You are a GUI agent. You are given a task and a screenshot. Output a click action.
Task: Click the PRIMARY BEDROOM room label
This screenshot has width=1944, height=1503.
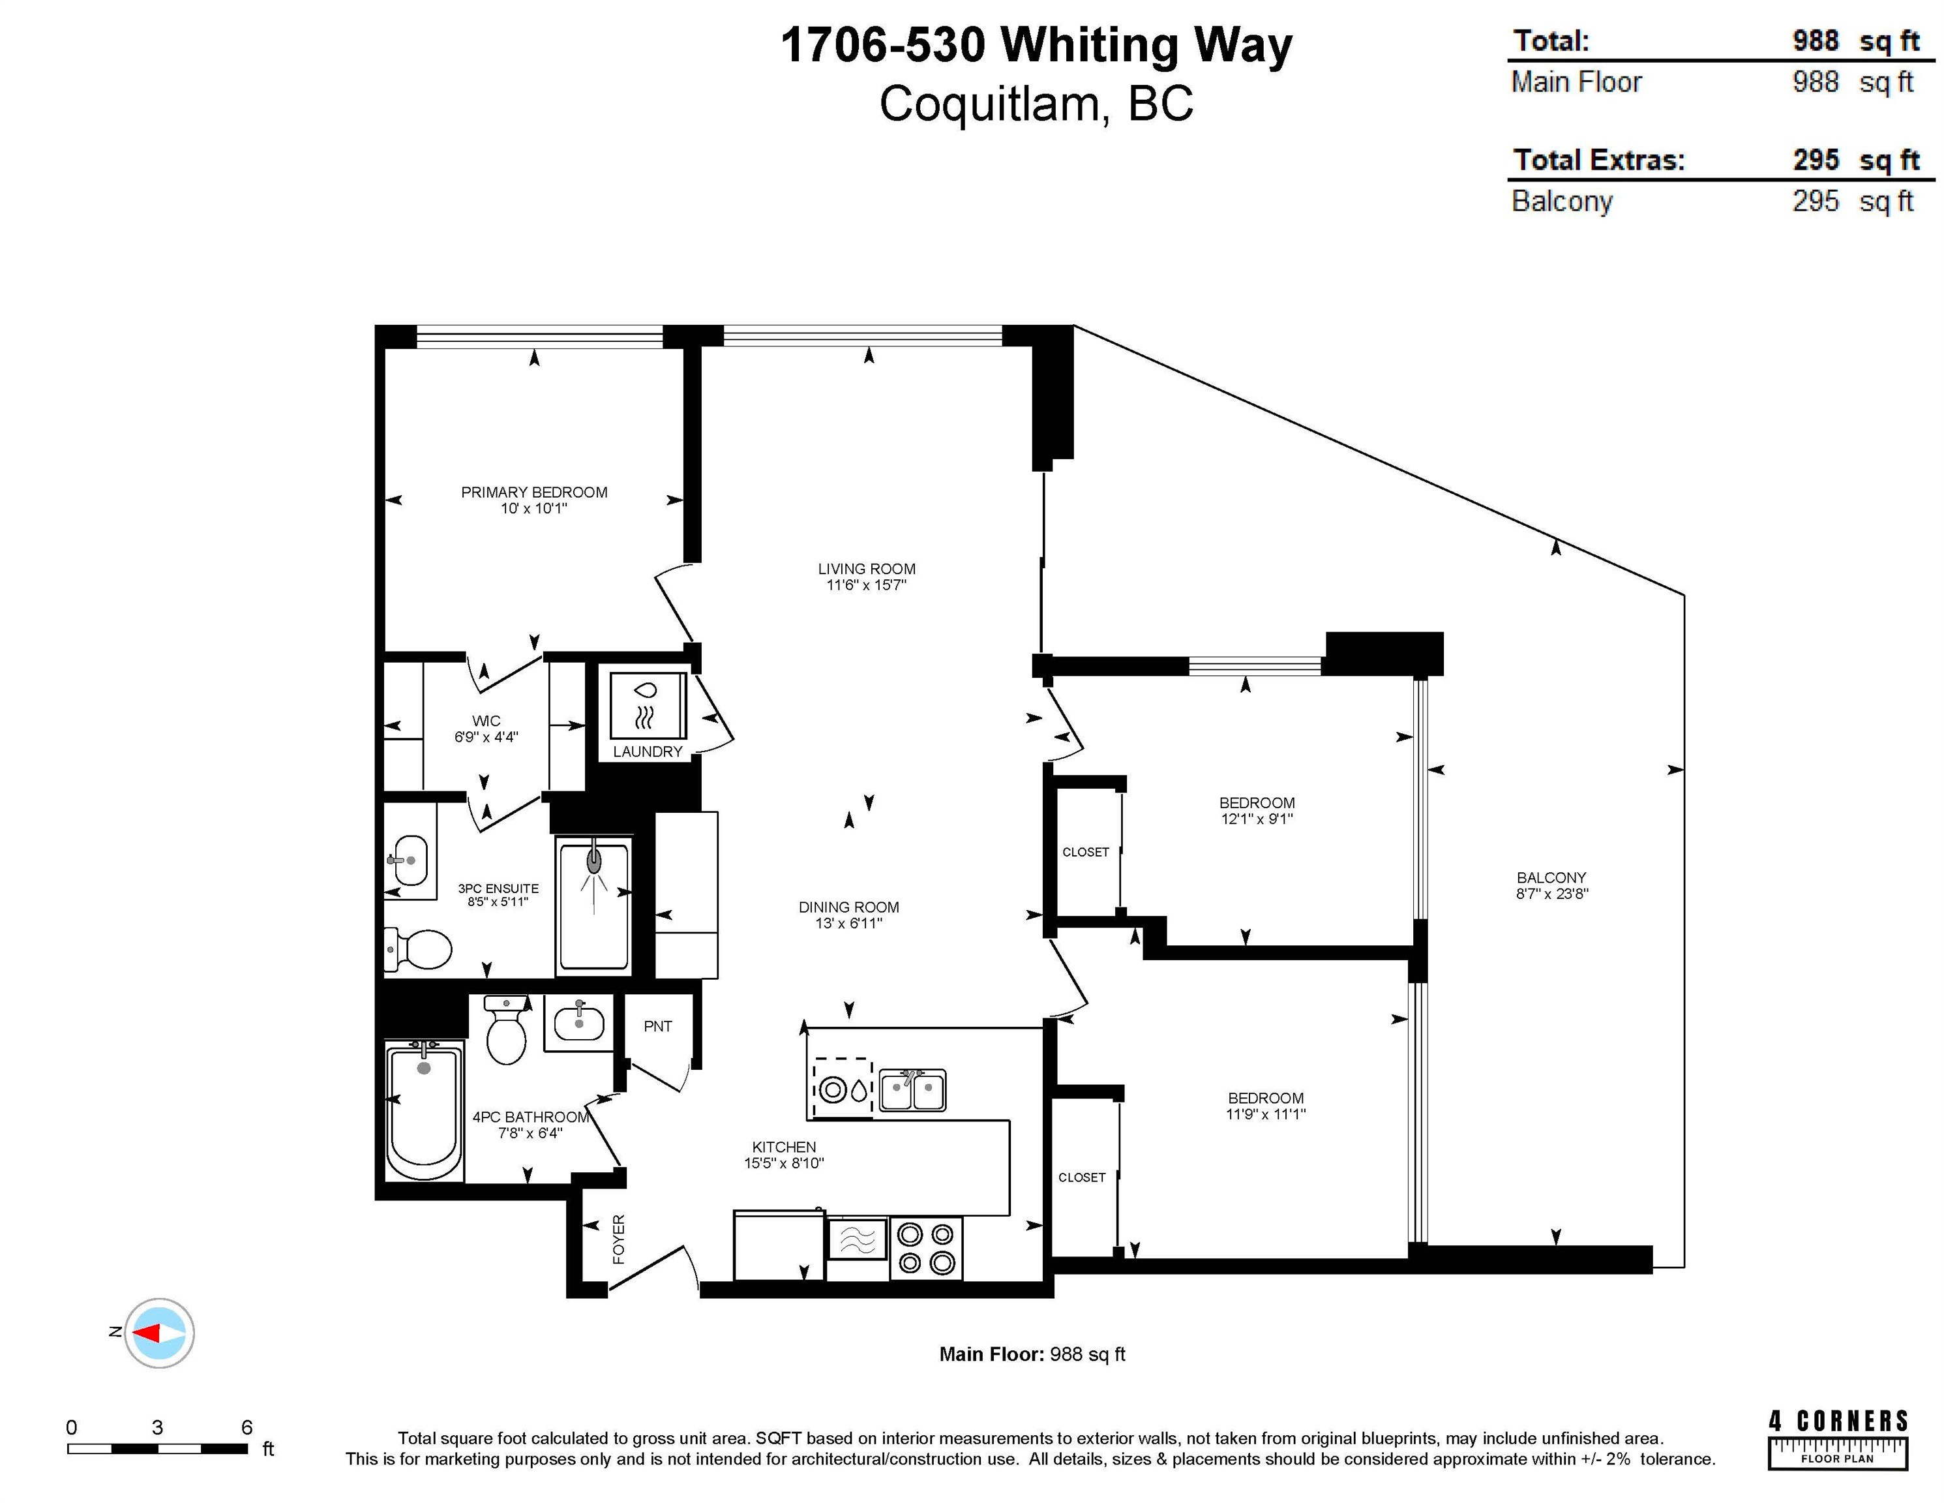[x=534, y=493]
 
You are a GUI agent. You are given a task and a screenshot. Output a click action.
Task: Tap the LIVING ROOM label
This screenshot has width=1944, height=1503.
[x=867, y=569]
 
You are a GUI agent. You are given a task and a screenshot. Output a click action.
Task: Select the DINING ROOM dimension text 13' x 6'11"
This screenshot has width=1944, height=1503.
[x=849, y=923]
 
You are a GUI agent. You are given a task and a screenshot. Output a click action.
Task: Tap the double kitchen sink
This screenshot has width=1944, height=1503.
[x=912, y=1091]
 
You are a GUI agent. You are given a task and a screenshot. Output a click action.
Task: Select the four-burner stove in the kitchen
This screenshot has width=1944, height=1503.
[x=926, y=1249]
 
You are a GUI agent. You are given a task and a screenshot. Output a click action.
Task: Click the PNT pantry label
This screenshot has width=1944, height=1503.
[x=658, y=1027]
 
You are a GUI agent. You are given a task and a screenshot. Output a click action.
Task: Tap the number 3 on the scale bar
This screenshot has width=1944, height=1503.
[x=158, y=1427]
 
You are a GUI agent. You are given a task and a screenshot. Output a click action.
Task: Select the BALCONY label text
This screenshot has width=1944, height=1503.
[x=1551, y=878]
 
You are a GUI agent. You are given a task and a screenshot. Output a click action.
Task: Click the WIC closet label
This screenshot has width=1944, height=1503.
[x=486, y=721]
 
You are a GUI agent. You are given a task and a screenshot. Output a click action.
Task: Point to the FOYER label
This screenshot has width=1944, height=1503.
[x=619, y=1239]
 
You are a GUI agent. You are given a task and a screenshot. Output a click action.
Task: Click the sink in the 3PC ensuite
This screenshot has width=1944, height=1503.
[x=410, y=860]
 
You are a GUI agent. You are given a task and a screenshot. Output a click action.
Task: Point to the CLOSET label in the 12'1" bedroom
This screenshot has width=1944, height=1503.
[x=1086, y=852]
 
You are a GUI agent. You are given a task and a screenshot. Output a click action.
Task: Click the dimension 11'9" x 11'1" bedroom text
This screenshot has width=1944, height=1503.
[x=1266, y=1114]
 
